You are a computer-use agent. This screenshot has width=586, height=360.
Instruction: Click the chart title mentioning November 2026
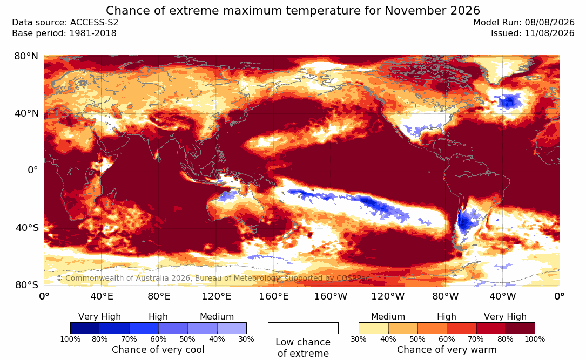293,10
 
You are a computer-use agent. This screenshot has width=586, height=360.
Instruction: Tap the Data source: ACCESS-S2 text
65,23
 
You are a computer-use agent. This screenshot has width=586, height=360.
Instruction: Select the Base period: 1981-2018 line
64,33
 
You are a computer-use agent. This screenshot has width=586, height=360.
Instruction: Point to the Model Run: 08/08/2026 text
523,23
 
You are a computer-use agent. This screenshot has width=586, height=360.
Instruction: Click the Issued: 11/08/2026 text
533,33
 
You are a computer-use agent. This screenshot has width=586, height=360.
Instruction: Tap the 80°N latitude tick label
26,56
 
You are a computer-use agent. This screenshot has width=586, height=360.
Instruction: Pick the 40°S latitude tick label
27,228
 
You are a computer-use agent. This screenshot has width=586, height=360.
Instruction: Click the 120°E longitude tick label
217,296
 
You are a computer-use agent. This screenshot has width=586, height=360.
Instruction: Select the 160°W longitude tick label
331,296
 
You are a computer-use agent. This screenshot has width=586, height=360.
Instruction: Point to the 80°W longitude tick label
446,296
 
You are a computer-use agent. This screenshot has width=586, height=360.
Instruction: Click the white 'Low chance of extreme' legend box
303,328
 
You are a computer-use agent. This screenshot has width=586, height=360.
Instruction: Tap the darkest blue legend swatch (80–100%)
85,328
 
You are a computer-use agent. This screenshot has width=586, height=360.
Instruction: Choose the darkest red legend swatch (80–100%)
520,328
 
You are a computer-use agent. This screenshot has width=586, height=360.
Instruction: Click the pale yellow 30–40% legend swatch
373,328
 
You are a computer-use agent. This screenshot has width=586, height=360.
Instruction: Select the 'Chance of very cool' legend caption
158,350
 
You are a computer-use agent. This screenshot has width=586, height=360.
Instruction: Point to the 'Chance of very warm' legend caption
447,350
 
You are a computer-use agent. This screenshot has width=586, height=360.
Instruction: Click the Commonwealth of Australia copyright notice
212,278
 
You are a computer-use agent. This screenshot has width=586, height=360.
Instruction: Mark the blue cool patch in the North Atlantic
508,101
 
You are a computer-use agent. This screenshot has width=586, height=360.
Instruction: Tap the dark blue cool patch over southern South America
464,222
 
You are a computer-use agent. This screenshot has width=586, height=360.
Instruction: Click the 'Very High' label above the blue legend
99,317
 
